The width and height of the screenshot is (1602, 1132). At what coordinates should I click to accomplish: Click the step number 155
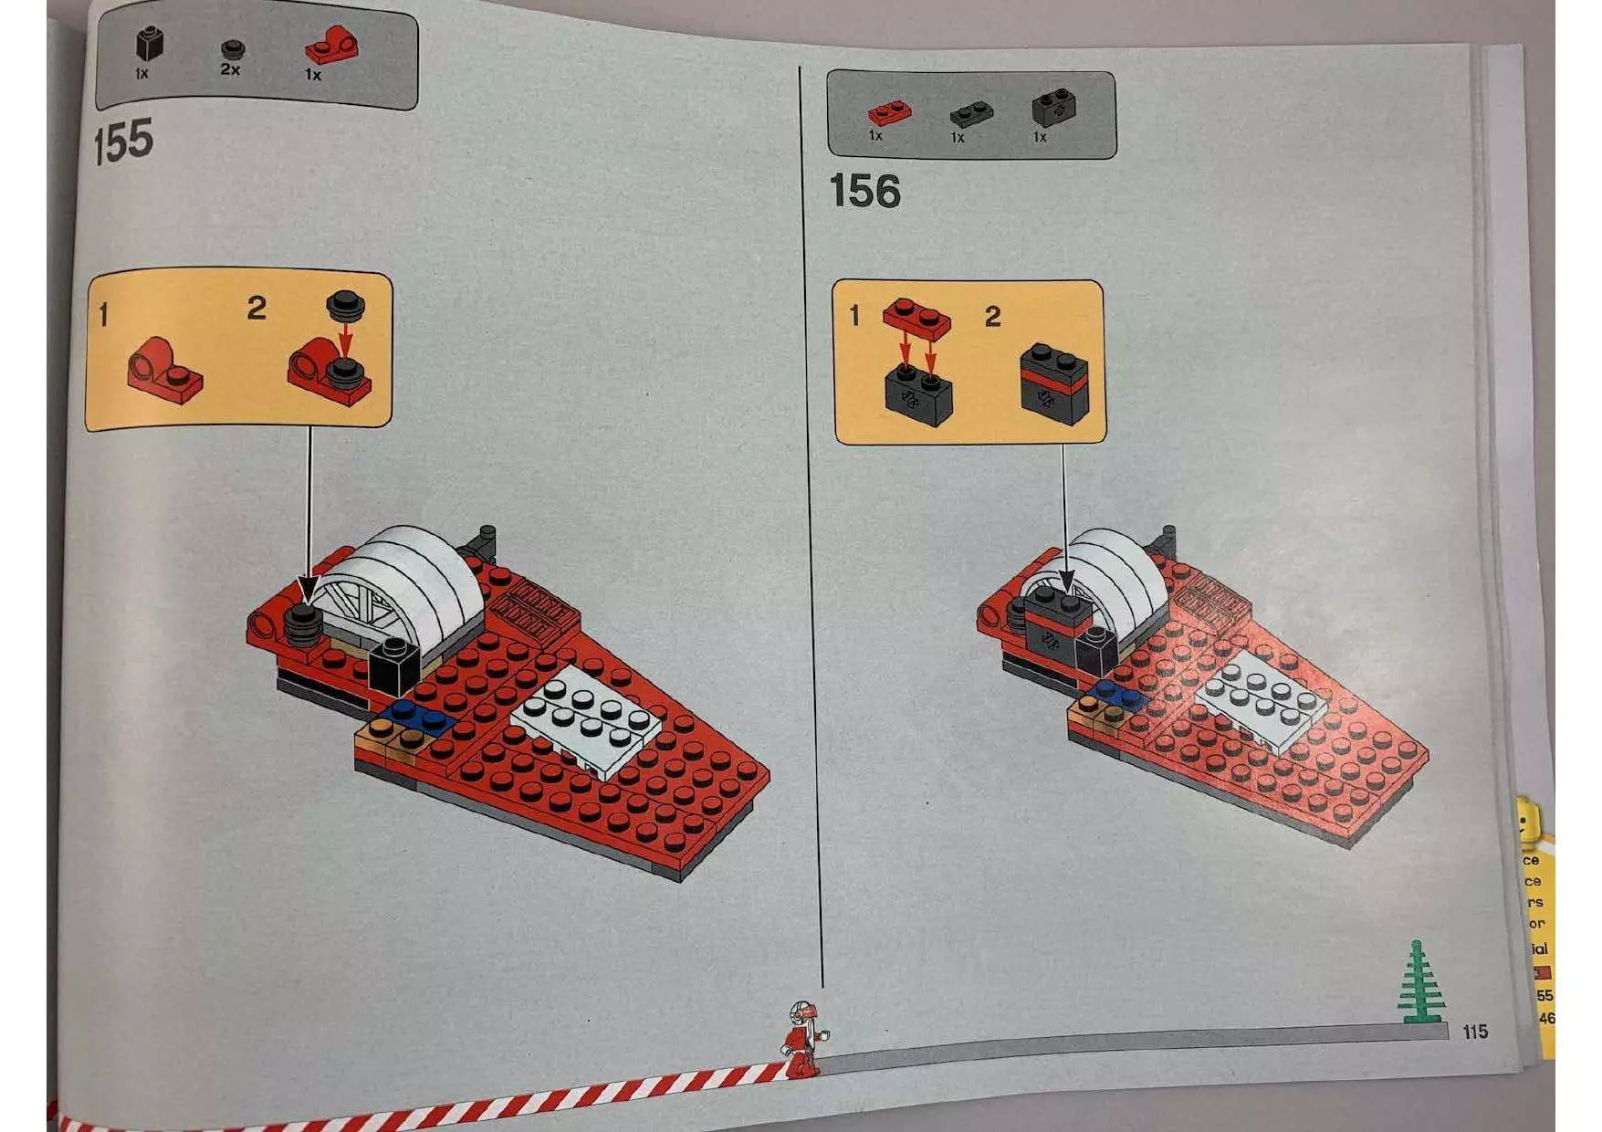click(x=122, y=141)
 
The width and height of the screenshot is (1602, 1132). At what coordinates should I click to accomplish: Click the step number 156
click(x=864, y=192)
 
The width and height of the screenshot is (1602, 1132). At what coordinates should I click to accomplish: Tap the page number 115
click(x=1474, y=1032)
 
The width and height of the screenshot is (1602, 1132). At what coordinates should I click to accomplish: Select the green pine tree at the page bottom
click(x=1418, y=984)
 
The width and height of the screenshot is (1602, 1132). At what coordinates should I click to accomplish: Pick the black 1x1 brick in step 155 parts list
click(x=149, y=44)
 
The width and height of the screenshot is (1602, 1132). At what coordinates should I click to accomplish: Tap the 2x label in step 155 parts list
click(x=230, y=69)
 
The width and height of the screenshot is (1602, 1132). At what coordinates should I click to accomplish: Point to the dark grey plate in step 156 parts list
click(x=970, y=115)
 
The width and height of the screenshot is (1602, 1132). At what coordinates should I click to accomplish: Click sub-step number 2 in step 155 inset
click(x=257, y=309)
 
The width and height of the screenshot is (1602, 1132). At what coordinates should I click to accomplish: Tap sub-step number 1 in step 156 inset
click(x=854, y=316)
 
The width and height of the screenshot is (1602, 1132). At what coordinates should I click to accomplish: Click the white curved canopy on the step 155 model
click(x=411, y=575)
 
